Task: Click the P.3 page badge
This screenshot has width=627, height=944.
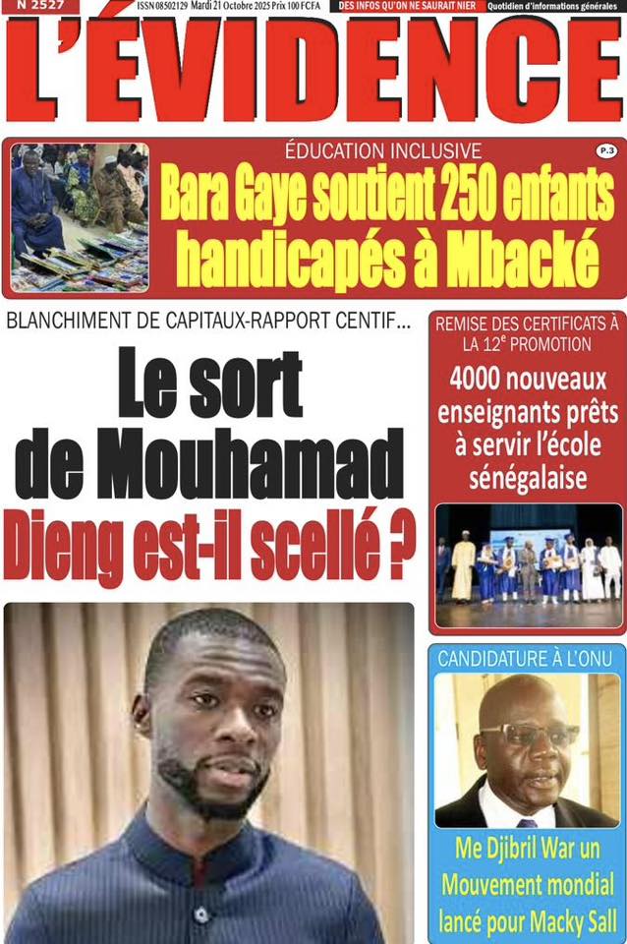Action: pyautogui.click(x=605, y=150)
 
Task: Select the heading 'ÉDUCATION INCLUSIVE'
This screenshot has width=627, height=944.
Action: pyautogui.click(x=383, y=151)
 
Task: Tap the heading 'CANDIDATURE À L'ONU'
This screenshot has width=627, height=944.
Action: pyautogui.click(x=527, y=658)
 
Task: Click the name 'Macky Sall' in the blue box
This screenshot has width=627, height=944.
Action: pyautogui.click(x=566, y=922)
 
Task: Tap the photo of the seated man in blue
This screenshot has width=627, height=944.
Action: pyautogui.click(x=80, y=216)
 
